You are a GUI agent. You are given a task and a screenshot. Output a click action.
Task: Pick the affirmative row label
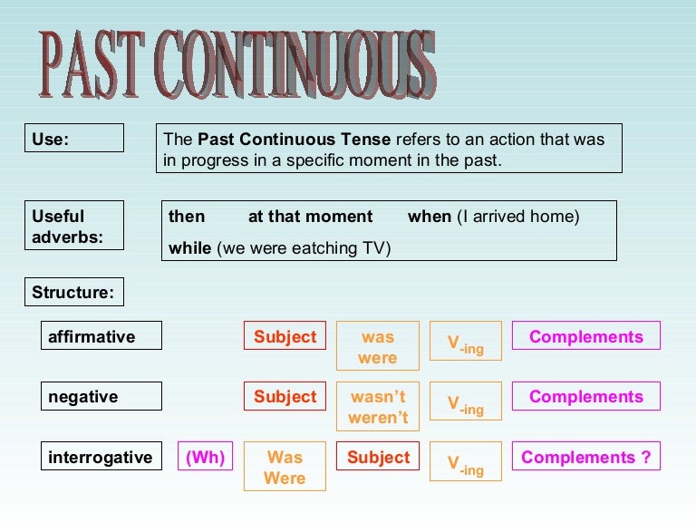click(101, 335)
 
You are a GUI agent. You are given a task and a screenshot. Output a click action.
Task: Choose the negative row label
click(101, 396)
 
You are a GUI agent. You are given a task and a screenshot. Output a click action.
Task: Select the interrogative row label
click(101, 457)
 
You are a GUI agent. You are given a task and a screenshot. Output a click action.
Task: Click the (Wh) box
click(205, 457)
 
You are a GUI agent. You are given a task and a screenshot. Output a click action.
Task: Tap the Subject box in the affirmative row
click(285, 335)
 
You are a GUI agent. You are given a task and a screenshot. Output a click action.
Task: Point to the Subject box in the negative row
click(285, 396)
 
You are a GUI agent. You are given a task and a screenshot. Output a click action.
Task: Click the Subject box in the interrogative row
click(378, 457)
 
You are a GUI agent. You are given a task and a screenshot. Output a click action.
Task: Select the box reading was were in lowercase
click(378, 346)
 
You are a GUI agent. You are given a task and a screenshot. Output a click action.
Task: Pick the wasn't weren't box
click(378, 407)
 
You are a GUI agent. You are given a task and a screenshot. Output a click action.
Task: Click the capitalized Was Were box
click(285, 467)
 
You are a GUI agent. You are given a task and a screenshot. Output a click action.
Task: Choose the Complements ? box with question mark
click(586, 457)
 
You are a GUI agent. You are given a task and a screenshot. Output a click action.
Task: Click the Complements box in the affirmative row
click(586, 335)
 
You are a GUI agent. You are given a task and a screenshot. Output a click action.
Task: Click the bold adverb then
click(187, 217)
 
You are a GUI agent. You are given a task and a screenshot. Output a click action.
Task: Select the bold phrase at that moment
click(310, 217)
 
